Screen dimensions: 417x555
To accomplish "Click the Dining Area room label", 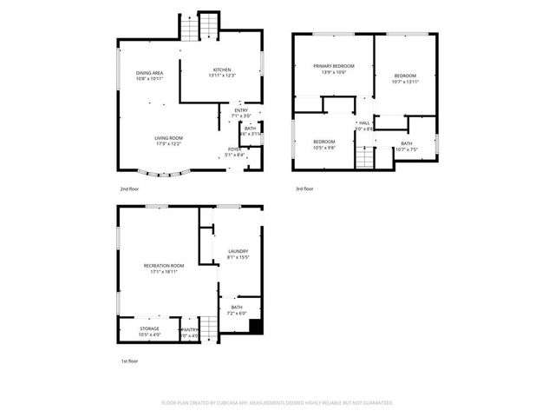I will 150,73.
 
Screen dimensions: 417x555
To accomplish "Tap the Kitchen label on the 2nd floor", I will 222,69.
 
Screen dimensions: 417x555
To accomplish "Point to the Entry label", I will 242,110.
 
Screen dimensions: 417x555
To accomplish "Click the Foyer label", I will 234,149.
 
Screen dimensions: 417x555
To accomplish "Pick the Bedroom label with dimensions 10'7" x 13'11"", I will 405,76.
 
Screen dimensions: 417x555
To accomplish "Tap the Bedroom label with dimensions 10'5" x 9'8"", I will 324,141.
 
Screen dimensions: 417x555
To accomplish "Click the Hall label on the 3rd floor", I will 364,123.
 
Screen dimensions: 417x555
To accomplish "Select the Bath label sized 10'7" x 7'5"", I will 407,143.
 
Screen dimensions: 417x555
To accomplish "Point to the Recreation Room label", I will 164,265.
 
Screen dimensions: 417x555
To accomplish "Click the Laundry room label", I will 238,252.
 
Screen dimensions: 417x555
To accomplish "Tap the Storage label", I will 149,328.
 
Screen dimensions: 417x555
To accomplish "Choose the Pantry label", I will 190,328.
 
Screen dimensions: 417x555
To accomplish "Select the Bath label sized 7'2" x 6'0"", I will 236,308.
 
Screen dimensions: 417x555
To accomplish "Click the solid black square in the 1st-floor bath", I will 255,327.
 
